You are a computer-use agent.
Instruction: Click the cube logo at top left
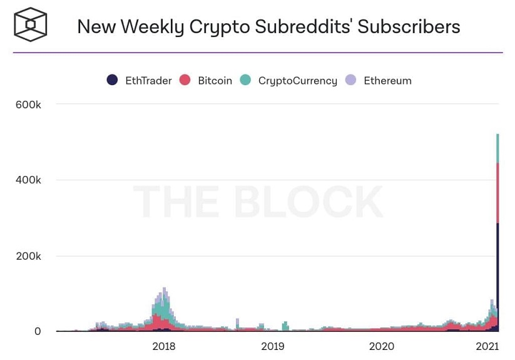(x=31, y=24)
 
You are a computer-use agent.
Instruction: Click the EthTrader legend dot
(x=112, y=80)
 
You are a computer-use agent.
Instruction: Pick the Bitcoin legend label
(x=215, y=81)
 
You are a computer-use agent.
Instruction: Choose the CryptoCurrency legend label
(x=297, y=81)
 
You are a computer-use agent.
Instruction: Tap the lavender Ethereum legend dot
(x=351, y=80)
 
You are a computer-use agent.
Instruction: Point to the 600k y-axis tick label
(x=29, y=105)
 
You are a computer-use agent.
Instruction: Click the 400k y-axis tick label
(x=29, y=180)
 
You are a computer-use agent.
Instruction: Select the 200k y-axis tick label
(x=29, y=256)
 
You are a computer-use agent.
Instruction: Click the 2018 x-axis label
(x=164, y=346)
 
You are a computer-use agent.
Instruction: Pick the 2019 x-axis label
(x=273, y=346)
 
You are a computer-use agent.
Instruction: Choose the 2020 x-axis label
(x=382, y=346)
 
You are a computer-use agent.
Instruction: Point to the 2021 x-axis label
(x=487, y=346)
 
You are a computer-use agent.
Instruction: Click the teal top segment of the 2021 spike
(x=497, y=148)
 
